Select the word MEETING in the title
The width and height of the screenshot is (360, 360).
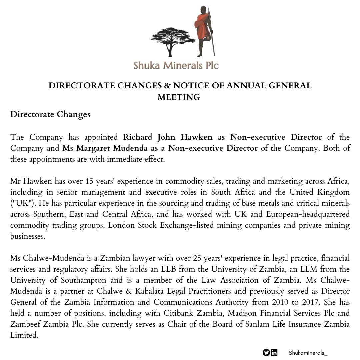179,97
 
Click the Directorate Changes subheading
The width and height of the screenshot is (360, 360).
50,114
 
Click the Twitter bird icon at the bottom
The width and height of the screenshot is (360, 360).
266,352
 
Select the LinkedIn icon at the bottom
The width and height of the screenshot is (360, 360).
274,352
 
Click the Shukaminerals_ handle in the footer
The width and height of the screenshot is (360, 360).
306,352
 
